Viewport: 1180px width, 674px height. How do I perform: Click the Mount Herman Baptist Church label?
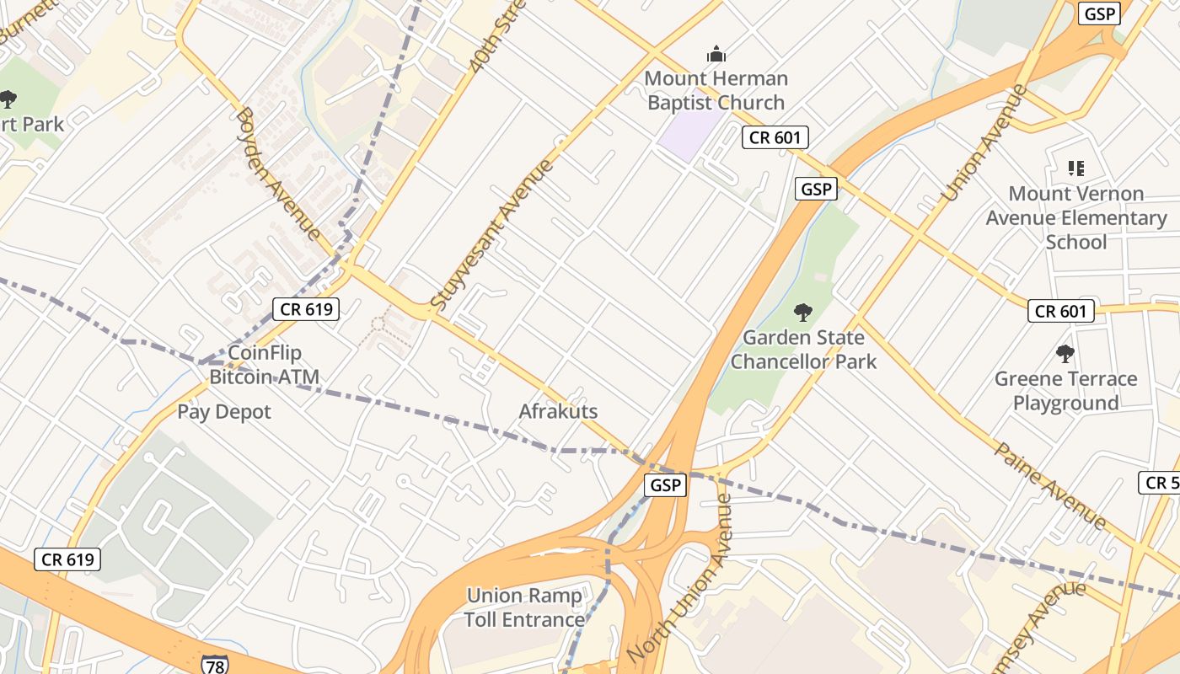(x=716, y=91)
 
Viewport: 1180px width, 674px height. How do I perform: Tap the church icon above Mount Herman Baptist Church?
(x=716, y=55)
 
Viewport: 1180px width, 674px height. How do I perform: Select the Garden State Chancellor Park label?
(x=803, y=350)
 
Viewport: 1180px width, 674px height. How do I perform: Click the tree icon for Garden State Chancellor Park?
(x=803, y=313)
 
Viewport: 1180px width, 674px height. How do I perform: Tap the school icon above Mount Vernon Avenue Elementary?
(x=1076, y=168)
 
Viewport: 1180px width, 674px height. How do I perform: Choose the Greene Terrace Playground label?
(x=1065, y=391)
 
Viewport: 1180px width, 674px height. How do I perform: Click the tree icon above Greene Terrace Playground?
(x=1065, y=354)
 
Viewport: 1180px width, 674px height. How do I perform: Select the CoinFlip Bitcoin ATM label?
(x=265, y=365)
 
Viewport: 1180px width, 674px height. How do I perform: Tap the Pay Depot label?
(x=224, y=412)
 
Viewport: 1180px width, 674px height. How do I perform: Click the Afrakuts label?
(x=558, y=412)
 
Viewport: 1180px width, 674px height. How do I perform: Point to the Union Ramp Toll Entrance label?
(x=524, y=607)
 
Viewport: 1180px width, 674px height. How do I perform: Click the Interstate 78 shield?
(x=213, y=664)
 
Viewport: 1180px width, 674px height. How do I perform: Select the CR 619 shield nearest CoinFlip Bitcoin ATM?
(x=306, y=309)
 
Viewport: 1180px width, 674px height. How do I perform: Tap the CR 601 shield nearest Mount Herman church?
(x=775, y=137)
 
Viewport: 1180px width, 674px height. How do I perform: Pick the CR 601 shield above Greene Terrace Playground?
(x=1060, y=312)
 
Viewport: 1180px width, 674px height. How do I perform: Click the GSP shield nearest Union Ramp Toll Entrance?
(x=665, y=485)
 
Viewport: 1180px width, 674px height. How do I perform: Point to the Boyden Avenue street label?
(x=278, y=173)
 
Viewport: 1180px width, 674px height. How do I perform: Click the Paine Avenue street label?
(x=1049, y=484)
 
